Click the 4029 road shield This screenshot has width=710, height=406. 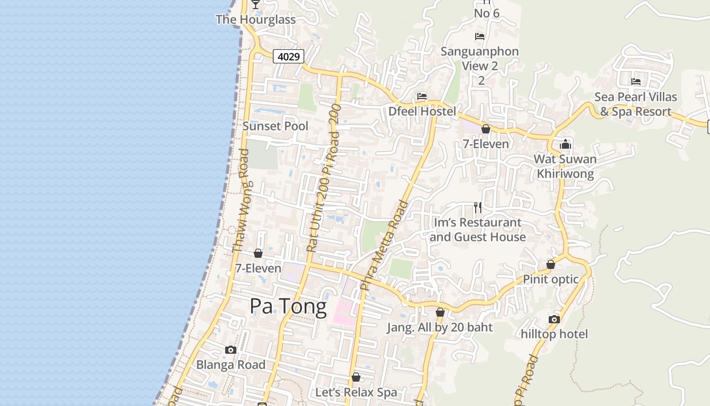pos(289,56)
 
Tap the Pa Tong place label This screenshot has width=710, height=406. pos(288,307)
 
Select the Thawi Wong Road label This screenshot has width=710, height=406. pos(241,201)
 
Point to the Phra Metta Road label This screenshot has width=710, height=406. pos(383,246)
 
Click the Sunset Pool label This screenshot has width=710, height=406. pos(275,126)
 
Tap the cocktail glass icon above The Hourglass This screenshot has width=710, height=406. pos(256,4)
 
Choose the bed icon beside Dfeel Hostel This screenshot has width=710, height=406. pos(421,96)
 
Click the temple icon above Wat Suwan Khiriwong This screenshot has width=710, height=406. pos(565,145)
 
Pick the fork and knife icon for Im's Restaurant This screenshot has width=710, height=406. pos(477,207)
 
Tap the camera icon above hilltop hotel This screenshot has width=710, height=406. pos(554,319)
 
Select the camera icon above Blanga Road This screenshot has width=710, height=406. pos(230,350)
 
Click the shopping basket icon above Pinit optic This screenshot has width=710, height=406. pos(551,264)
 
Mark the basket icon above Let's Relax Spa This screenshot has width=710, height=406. pos(356,378)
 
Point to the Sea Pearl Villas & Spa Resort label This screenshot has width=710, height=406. pos(635,104)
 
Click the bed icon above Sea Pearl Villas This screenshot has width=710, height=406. pos(635,82)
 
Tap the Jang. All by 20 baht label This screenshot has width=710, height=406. pos(440,327)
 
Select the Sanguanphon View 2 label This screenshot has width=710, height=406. pos(480,58)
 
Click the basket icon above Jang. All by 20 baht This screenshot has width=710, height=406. pos(440,312)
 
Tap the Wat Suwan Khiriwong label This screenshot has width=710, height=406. pos(565,166)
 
